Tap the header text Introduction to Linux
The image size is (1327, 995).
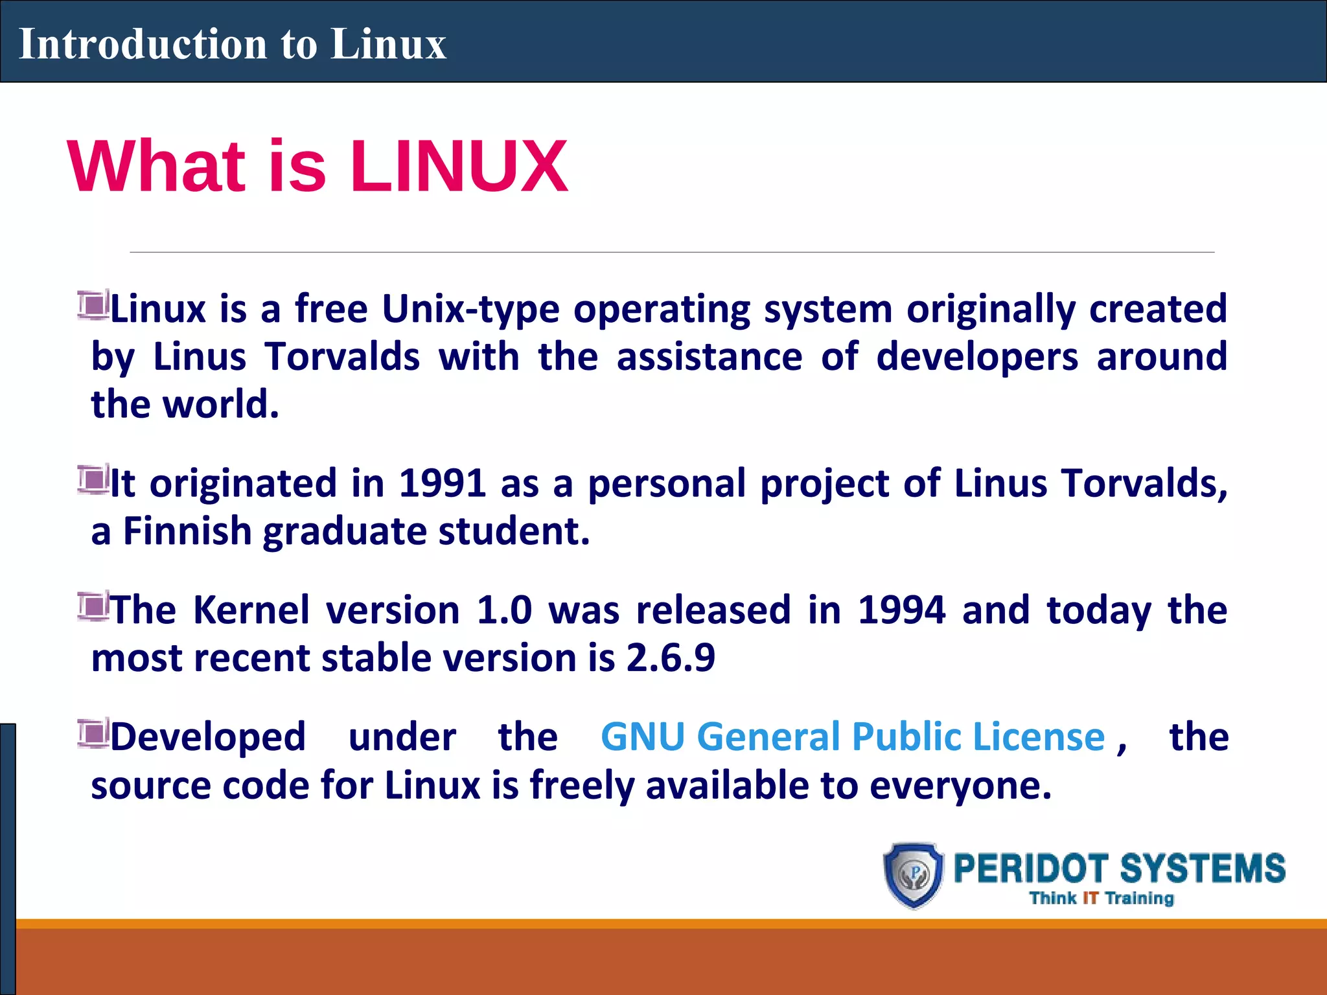(x=233, y=44)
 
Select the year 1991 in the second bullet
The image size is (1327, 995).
(x=442, y=483)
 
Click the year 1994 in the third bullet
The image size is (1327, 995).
(x=901, y=610)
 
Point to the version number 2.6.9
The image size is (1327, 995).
(x=670, y=658)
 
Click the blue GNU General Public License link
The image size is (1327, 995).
(x=852, y=737)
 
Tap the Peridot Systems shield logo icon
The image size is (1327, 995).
(x=914, y=875)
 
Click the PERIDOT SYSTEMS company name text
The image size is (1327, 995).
(x=1119, y=869)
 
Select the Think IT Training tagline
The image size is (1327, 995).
(x=1102, y=898)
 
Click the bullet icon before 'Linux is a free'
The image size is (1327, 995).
(x=93, y=304)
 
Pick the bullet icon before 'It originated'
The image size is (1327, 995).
(x=93, y=480)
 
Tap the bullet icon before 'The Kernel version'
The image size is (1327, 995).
(x=93, y=607)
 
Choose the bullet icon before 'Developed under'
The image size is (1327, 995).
(x=93, y=733)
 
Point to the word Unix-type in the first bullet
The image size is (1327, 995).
(x=470, y=309)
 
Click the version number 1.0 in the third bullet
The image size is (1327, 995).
(x=504, y=610)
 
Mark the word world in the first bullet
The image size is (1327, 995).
(x=220, y=405)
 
